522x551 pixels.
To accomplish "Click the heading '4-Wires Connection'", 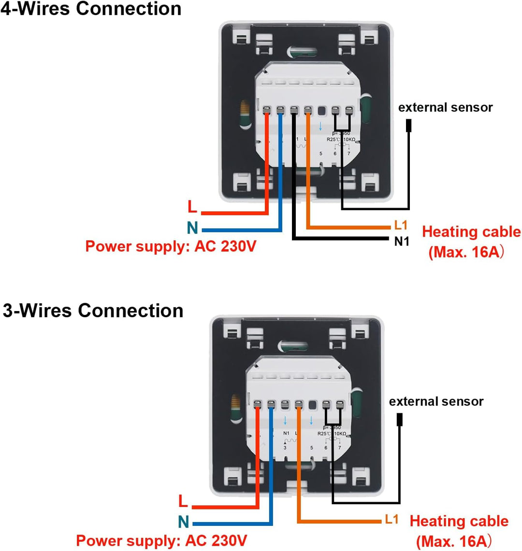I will [91, 9].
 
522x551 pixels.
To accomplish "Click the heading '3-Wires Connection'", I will [93, 311].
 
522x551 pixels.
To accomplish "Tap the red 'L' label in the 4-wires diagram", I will [192, 207].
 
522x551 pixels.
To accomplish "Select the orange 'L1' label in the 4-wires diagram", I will [401, 225].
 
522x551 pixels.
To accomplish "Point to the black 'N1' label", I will [402, 241].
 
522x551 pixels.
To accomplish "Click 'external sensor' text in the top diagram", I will [445, 107].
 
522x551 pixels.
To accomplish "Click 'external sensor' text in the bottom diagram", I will [436, 401].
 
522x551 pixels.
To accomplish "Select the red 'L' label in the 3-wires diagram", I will [183, 501].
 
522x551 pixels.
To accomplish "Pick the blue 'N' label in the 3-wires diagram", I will [183, 522].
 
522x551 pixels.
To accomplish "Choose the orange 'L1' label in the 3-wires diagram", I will [391, 519].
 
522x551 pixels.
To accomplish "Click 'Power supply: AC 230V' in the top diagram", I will [171, 246].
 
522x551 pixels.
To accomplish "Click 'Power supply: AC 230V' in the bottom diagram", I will [161, 540].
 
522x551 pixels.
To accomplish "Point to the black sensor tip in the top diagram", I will [409, 126].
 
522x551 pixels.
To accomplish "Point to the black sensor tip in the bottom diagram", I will [400, 420].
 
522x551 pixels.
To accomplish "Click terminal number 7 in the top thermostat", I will [348, 154].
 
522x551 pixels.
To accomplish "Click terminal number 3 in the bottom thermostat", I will [285, 448].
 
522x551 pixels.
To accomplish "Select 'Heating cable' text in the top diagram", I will [471, 232].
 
